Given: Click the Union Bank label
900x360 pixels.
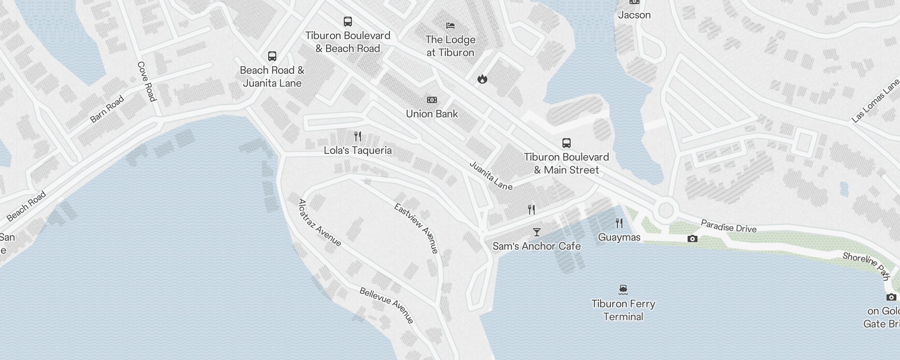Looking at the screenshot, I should pyautogui.click(x=432, y=114).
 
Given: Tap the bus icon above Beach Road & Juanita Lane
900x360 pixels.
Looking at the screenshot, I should pyautogui.click(x=272, y=56).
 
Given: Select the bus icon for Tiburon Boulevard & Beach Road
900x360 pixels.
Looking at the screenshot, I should pyautogui.click(x=347, y=21).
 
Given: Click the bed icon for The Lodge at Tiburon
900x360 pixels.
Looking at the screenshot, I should pyautogui.click(x=450, y=26).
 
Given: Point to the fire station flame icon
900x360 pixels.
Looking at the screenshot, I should pyautogui.click(x=482, y=79).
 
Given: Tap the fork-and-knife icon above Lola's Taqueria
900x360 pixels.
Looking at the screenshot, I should pyautogui.click(x=358, y=136).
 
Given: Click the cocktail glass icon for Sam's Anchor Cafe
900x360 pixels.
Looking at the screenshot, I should pyautogui.click(x=536, y=232).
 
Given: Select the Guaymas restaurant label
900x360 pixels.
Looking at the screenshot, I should pyautogui.click(x=619, y=237).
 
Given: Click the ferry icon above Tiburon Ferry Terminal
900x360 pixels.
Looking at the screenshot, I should pyautogui.click(x=623, y=289).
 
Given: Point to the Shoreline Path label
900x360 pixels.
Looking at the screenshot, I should pyautogui.click(x=866, y=265).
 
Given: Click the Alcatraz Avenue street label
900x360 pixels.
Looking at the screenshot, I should pyautogui.click(x=319, y=223).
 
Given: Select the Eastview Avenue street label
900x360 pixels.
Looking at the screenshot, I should pyautogui.click(x=416, y=228).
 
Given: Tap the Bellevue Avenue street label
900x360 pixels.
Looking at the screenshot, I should pyautogui.click(x=387, y=306).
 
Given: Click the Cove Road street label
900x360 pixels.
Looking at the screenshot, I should pyautogui.click(x=146, y=81).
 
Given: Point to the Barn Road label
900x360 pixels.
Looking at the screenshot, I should pyautogui.click(x=107, y=109).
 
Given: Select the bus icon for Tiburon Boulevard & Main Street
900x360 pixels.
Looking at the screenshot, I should pyautogui.click(x=566, y=143).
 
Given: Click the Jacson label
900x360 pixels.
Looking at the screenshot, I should pyautogui.click(x=634, y=15).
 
